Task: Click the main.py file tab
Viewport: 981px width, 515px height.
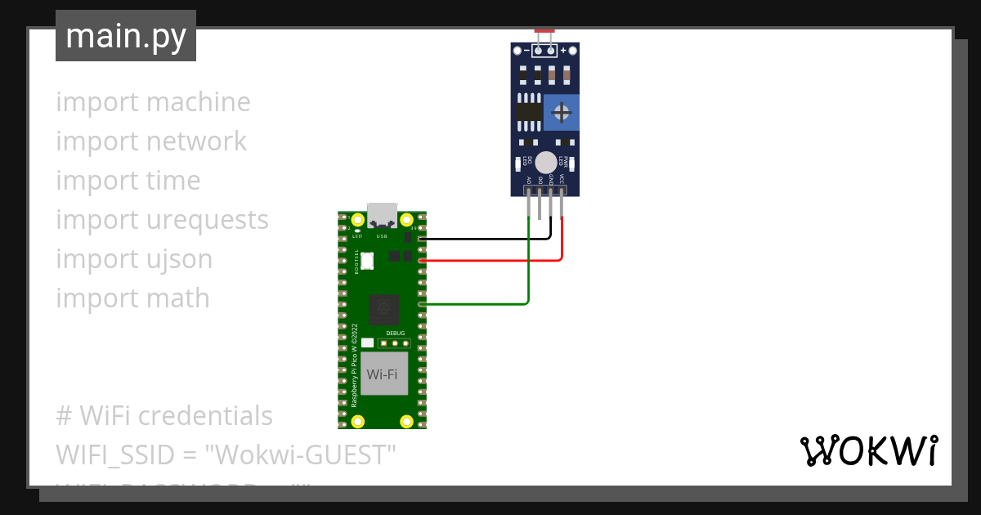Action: tap(126, 36)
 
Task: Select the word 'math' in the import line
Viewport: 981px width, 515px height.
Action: tap(178, 298)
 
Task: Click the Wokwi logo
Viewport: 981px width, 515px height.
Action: tap(868, 450)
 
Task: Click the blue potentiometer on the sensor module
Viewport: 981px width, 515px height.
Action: tap(561, 112)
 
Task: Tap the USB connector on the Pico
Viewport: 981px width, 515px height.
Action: tap(382, 214)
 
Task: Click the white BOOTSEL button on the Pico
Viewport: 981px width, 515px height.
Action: tap(368, 262)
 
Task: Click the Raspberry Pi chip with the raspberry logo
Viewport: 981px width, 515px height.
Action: tap(383, 309)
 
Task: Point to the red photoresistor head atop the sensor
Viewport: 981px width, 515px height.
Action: tap(544, 32)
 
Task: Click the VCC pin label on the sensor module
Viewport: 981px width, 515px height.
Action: tap(562, 179)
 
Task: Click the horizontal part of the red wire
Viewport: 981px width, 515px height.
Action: tap(490, 260)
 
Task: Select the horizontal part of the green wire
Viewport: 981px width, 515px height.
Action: tap(474, 304)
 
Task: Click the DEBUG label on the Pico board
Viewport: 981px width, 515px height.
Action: tap(395, 334)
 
